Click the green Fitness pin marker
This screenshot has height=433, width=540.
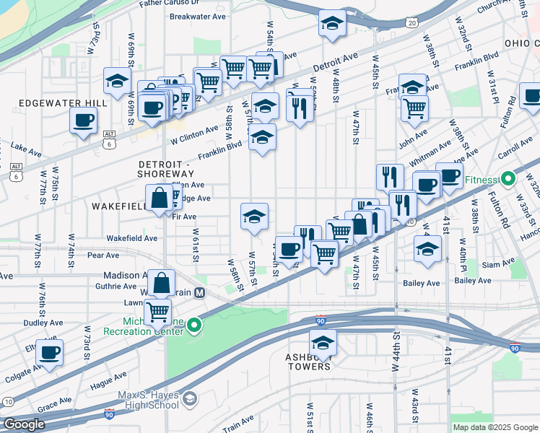pos(508,178)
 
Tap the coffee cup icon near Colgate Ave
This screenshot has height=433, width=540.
pos(50,352)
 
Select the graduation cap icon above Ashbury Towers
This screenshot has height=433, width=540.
pos(323,342)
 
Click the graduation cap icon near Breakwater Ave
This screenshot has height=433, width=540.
pos(333,23)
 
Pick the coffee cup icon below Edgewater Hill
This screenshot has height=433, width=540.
pos(84,120)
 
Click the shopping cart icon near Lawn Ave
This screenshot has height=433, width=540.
pos(157,312)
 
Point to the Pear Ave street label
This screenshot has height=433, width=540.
pos(103,255)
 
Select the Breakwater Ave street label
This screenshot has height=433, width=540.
pos(197,16)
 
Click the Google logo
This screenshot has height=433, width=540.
pos(25,424)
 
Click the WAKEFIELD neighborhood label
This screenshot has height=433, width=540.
pos(119,206)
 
